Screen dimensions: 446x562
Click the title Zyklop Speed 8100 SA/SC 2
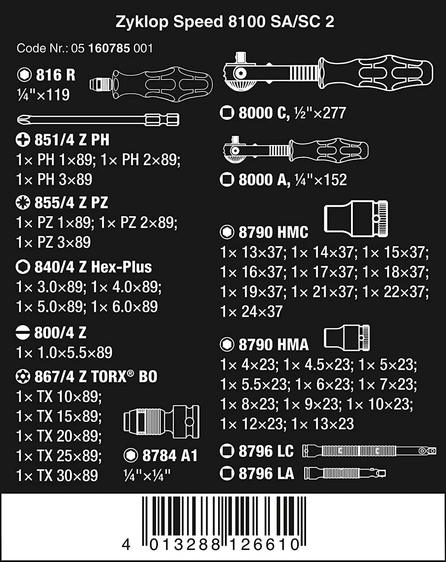pos(225,21)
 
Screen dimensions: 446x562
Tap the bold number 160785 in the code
pos(109,49)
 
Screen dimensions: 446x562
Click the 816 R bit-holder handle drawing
pos(151,84)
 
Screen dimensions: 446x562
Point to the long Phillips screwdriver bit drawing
pos(98,120)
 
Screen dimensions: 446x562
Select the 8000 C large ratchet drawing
pos(328,71)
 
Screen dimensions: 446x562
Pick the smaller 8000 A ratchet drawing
pos(296,150)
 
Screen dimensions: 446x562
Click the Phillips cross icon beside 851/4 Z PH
pos(23,140)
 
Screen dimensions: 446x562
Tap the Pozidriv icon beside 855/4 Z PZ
pos(23,203)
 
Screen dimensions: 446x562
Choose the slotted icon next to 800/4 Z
pos(23,333)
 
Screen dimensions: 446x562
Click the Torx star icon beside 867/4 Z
pos(23,377)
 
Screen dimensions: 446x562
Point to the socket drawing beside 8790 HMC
pos(356,219)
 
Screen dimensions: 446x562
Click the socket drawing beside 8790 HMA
pos(347,338)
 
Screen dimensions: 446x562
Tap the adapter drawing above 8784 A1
pos(161,422)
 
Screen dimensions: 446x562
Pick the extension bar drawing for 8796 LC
pos(369,451)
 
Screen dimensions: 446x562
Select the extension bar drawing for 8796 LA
pos(345,473)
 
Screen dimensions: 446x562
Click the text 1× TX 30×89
pos(57,475)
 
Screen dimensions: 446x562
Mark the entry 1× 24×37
pos(252,311)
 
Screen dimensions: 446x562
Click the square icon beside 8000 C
pos(227,113)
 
